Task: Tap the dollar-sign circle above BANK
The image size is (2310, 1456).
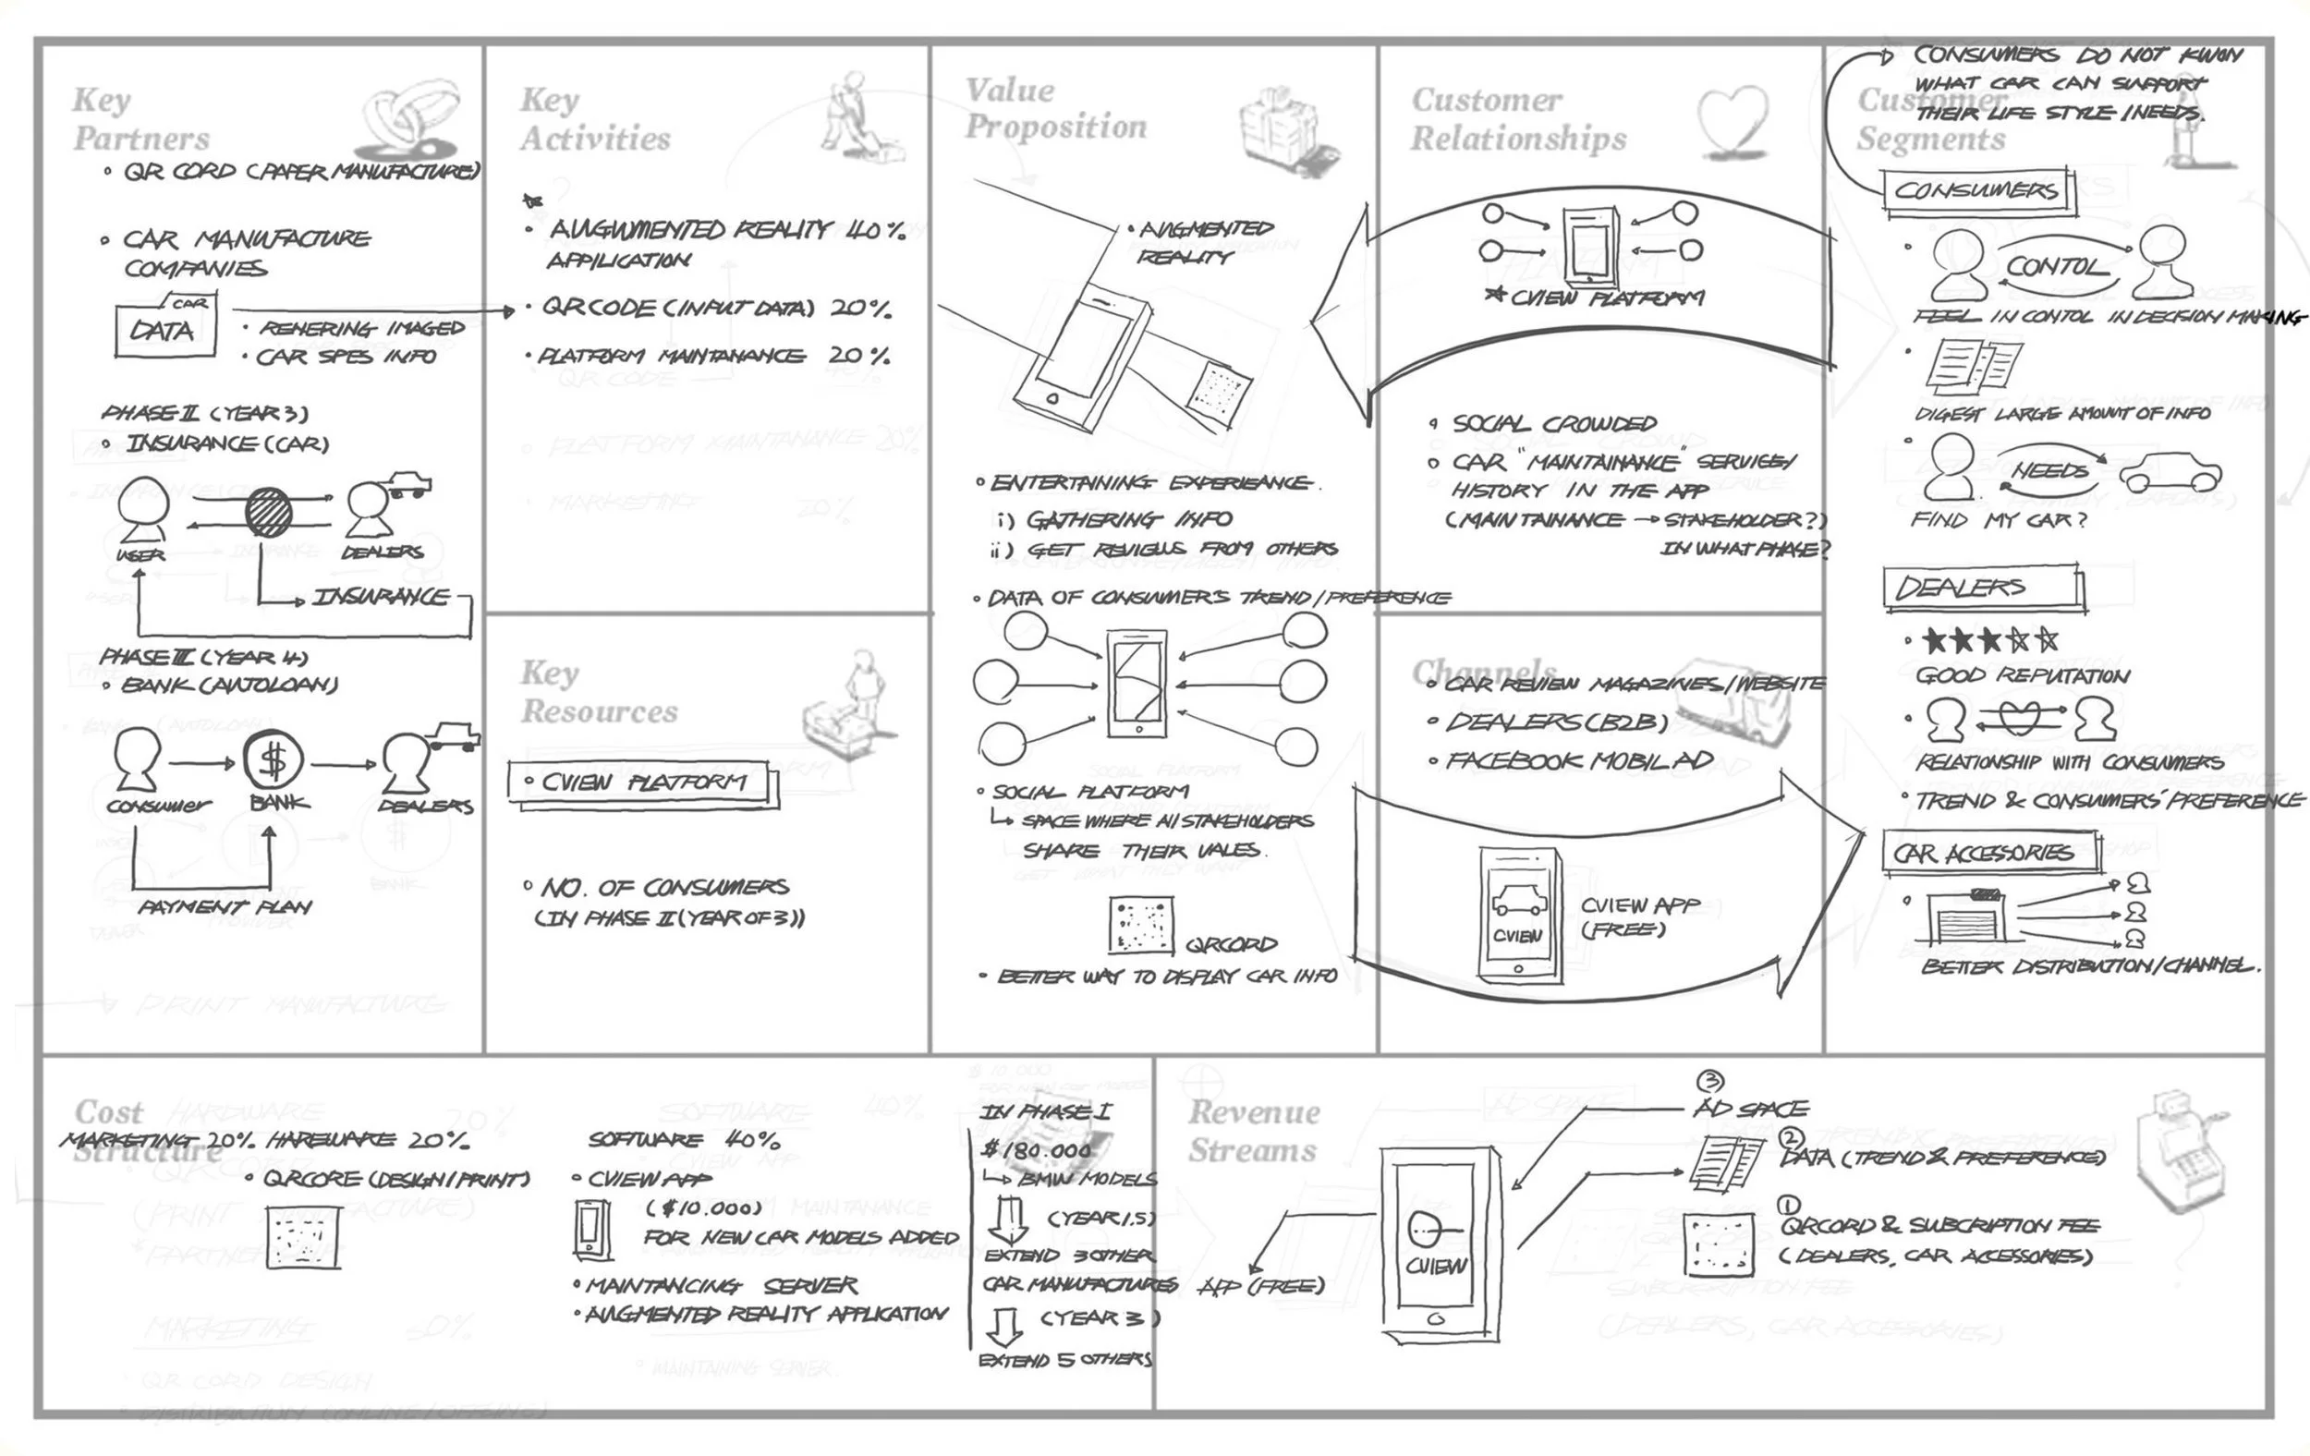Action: coord(274,760)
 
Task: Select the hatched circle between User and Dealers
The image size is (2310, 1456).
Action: coord(269,512)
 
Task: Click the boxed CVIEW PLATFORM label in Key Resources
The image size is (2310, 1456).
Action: coord(641,783)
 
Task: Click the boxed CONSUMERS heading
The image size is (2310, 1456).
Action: coord(1976,190)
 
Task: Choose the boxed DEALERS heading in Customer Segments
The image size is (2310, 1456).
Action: coord(1982,587)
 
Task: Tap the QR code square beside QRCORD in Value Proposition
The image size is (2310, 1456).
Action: coord(1140,926)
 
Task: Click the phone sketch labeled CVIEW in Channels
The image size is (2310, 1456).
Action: coord(1518,913)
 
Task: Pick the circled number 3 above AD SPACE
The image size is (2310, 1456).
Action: coord(1709,1082)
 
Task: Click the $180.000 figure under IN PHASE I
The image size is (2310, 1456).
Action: coord(1038,1150)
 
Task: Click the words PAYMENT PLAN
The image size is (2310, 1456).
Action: coord(225,906)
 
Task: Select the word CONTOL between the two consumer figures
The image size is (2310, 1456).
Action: coord(2056,266)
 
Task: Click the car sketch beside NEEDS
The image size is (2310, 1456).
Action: coord(2170,473)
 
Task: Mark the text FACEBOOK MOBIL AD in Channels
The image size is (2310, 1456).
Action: coord(1579,761)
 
